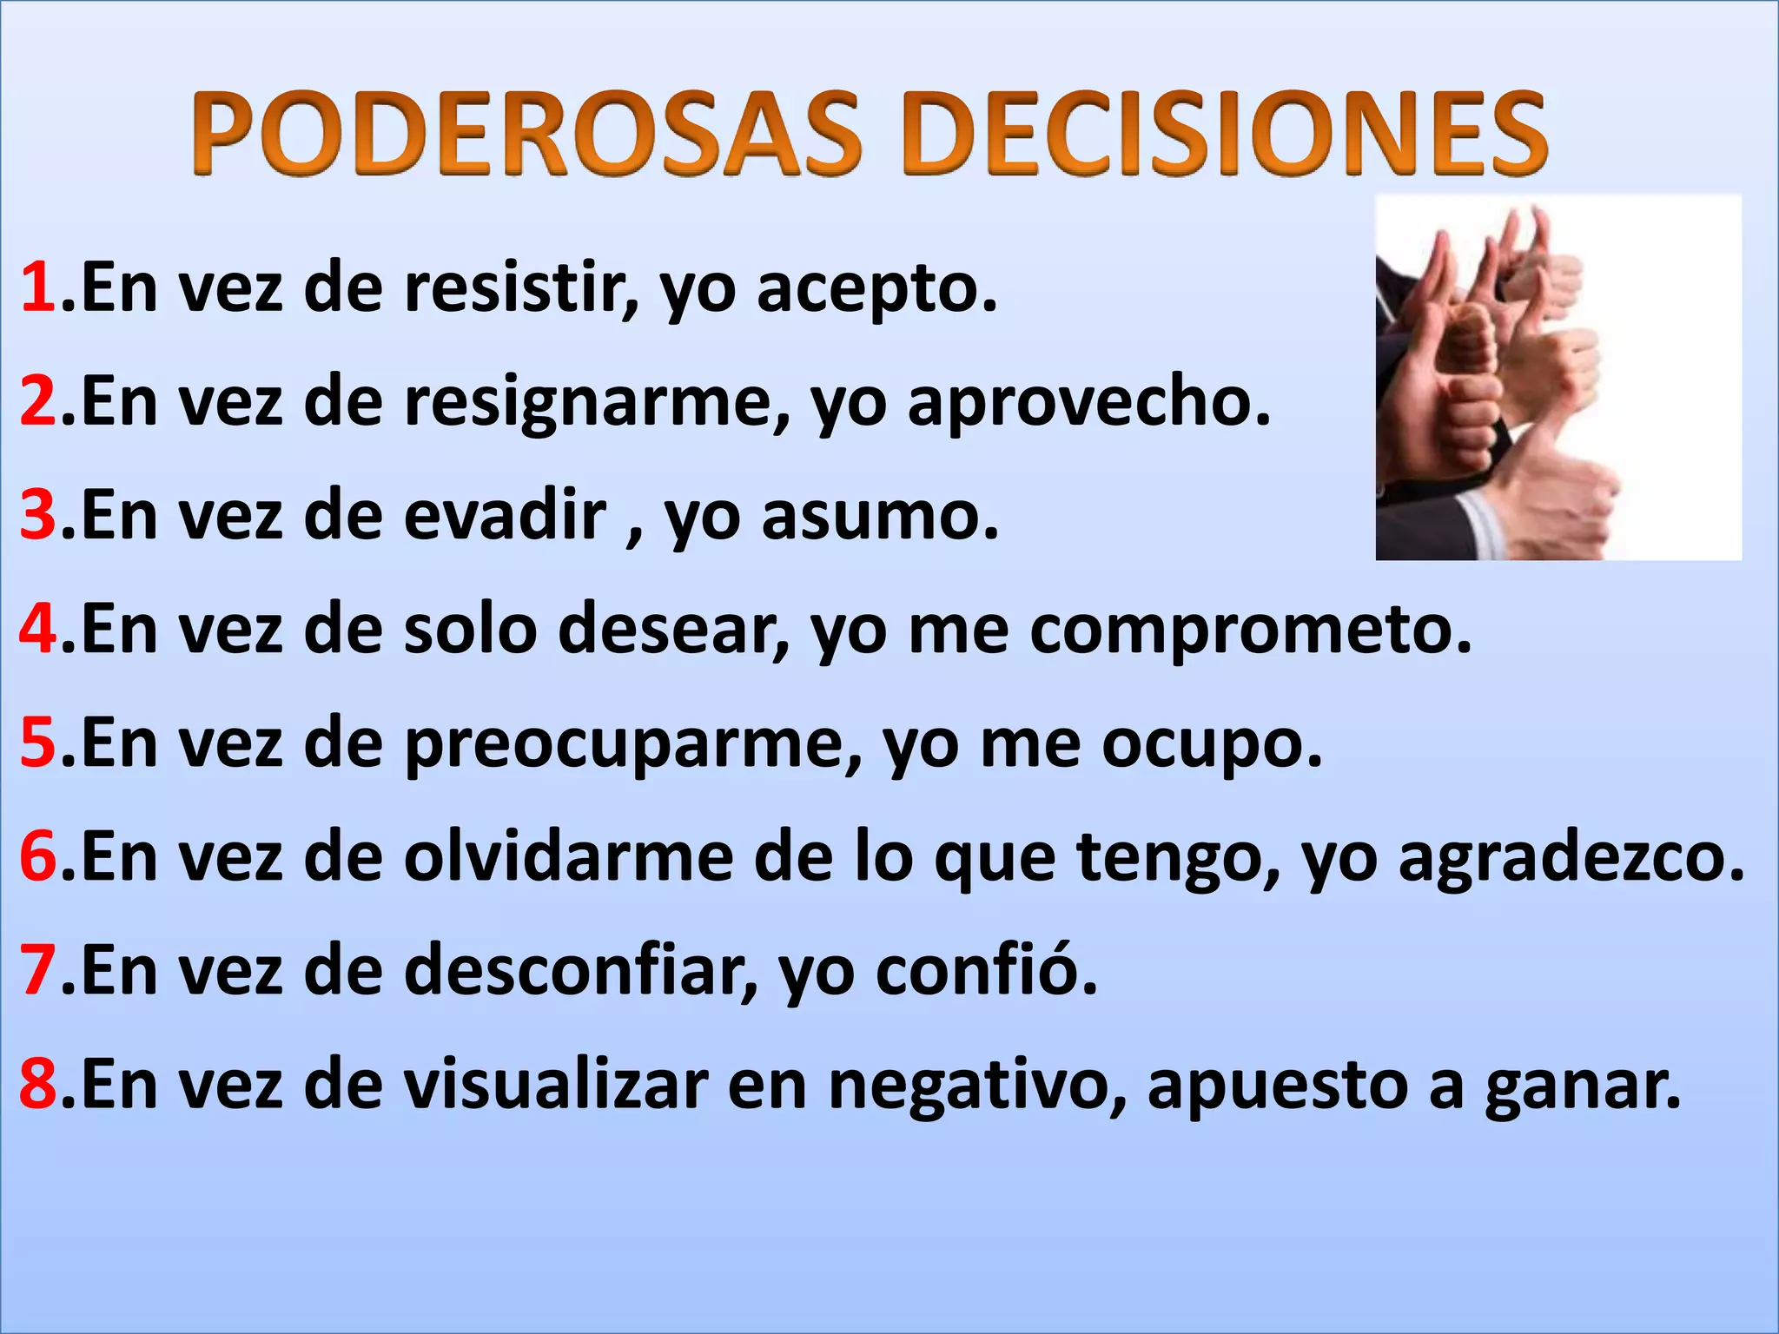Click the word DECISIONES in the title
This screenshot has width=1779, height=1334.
1225,135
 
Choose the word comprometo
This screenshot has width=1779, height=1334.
1251,630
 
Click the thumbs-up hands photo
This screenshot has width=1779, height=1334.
1558,377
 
